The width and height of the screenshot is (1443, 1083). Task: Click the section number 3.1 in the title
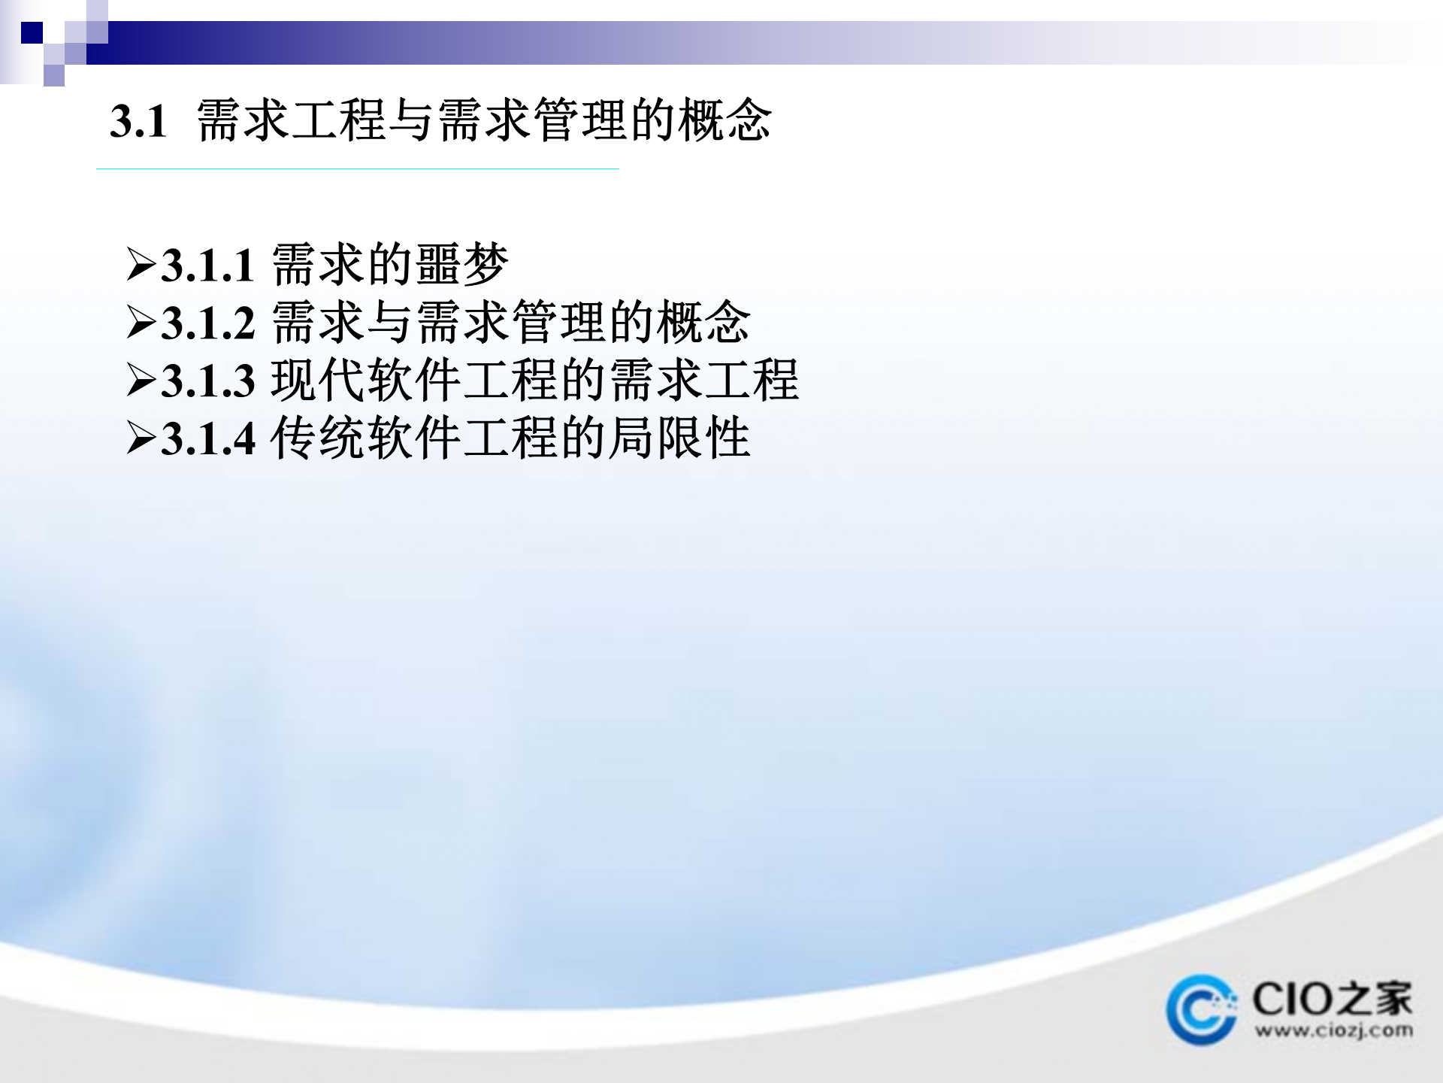138,121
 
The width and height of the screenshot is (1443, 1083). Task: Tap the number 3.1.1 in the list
208,265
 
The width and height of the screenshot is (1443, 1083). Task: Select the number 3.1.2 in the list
208,323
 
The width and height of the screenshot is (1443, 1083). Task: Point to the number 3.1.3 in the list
208,381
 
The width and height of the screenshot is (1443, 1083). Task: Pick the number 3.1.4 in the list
208,438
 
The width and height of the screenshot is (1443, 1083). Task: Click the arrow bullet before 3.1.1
141,265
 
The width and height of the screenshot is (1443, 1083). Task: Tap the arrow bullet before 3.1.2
141,323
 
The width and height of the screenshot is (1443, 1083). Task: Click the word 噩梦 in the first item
461,265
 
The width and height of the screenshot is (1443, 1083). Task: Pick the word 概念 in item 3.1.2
703,323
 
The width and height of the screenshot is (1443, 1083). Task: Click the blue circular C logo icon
1201,1010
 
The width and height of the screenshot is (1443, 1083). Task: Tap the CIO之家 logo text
1332,1000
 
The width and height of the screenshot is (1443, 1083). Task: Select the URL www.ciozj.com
1333,1030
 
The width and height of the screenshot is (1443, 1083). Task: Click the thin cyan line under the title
357,169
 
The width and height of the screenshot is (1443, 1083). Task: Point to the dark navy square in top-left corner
32,33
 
